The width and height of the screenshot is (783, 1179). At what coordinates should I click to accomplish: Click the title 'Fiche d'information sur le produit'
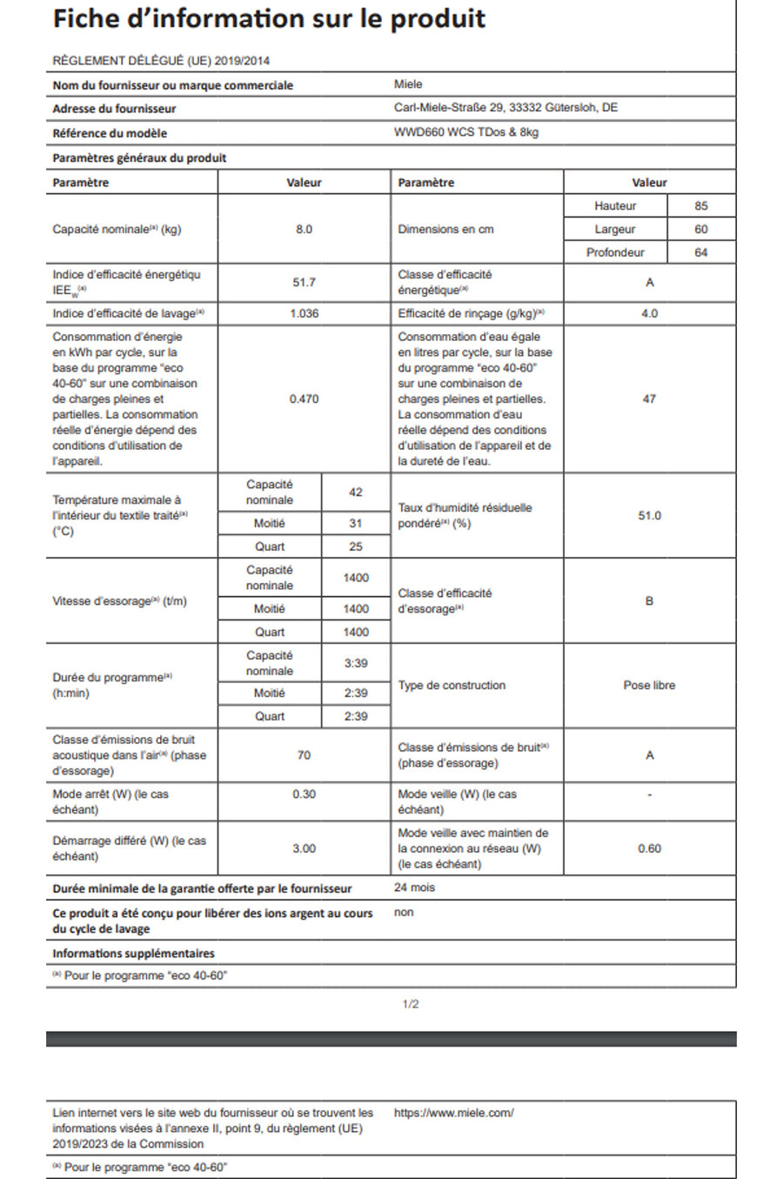tap(269, 19)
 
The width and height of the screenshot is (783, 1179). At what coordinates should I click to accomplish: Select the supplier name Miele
tap(408, 84)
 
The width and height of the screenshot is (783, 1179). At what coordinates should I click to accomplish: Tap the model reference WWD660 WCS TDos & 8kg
tap(465, 132)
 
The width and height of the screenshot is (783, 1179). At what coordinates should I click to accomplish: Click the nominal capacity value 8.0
tap(304, 230)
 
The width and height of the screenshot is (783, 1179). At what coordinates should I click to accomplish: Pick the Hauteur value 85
tap(701, 206)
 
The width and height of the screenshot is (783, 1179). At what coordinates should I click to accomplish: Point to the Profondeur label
tap(615, 252)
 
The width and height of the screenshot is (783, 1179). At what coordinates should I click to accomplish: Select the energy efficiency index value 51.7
tap(304, 283)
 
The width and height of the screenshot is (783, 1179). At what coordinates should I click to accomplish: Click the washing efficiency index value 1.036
tap(304, 313)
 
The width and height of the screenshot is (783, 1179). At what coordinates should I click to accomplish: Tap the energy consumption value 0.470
tap(304, 399)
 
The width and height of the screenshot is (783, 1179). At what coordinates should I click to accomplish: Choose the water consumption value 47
tap(649, 399)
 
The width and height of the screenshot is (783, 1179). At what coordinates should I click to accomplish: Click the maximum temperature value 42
tap(356, 492)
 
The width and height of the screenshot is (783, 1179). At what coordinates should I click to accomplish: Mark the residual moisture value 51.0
tap(649, 516)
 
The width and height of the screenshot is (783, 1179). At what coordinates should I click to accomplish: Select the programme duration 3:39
tap(356, 663)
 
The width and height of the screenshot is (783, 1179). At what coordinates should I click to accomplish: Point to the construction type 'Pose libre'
tap(649, 686)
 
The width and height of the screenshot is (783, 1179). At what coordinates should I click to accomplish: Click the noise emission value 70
tap(304, 755)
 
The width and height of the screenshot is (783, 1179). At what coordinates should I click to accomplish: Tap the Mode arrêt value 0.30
tap(304, 794)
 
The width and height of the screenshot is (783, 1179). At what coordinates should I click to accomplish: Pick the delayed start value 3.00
tap(304, 848)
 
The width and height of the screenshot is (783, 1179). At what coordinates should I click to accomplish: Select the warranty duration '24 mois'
tap(414, 888)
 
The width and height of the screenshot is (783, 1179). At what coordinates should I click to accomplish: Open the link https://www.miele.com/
tap(453, 1113)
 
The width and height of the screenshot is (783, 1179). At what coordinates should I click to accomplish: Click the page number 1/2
tap(411, 1004)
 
